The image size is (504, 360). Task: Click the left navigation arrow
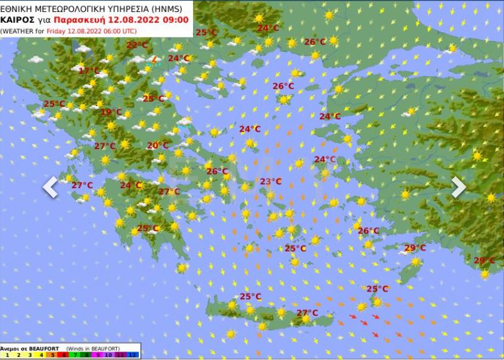tap(51, 187)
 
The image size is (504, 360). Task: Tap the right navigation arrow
tap(458, 187)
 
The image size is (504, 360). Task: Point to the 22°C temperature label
tap(137, 45)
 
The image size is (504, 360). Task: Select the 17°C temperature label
tap(89, 70)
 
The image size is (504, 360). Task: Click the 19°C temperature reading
tap(111, 112)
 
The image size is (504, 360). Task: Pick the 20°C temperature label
tap(158, 145)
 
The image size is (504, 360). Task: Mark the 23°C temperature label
tap(270, 181)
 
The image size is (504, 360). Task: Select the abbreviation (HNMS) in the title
tap(167, 8)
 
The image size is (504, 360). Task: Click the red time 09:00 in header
tap(177, 20)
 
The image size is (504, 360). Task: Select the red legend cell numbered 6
tap(64, 355)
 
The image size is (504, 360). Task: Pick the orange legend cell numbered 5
tap(52, 355)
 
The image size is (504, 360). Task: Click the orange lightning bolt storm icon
tap(154, 59)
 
